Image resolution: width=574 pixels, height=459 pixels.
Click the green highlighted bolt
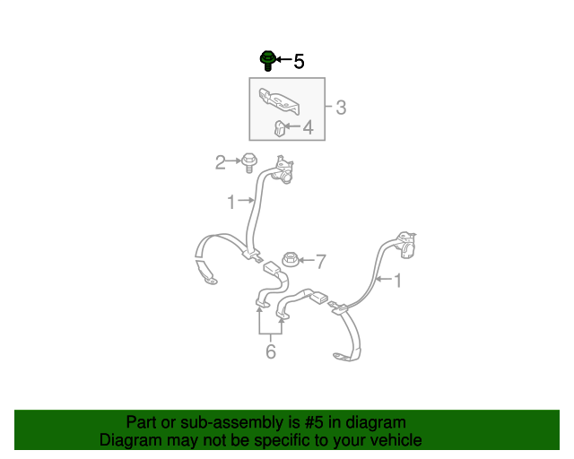click(267, 61)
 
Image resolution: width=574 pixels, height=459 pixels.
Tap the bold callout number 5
click(299, 61)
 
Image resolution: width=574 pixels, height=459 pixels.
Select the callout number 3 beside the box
click(341, 108)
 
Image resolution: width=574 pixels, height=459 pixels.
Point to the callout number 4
click(309, 127)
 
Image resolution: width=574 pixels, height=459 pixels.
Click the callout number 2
click(220, 162)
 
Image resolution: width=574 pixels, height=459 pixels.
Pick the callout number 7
click(321, 262)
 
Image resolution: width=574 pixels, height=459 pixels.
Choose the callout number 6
click(271, 351)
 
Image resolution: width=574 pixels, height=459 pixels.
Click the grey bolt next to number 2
click(249, 163)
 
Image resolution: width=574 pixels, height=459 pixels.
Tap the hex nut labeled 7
click(291, 259)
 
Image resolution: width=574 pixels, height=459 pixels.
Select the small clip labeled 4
click(281, 128)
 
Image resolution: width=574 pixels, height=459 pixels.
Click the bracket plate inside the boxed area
click(279, 100)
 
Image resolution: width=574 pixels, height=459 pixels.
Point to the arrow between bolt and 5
click(284, 59)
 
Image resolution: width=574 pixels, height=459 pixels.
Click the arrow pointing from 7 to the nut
click(307, 260)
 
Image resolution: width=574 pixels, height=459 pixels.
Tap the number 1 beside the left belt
click(231, 202)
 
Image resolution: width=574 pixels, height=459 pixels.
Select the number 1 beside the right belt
click(397, 281)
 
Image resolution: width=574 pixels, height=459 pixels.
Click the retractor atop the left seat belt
click(283, 169)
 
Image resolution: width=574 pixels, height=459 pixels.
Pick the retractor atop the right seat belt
click(405, 245)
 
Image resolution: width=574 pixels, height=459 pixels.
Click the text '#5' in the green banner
click(314, 422)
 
